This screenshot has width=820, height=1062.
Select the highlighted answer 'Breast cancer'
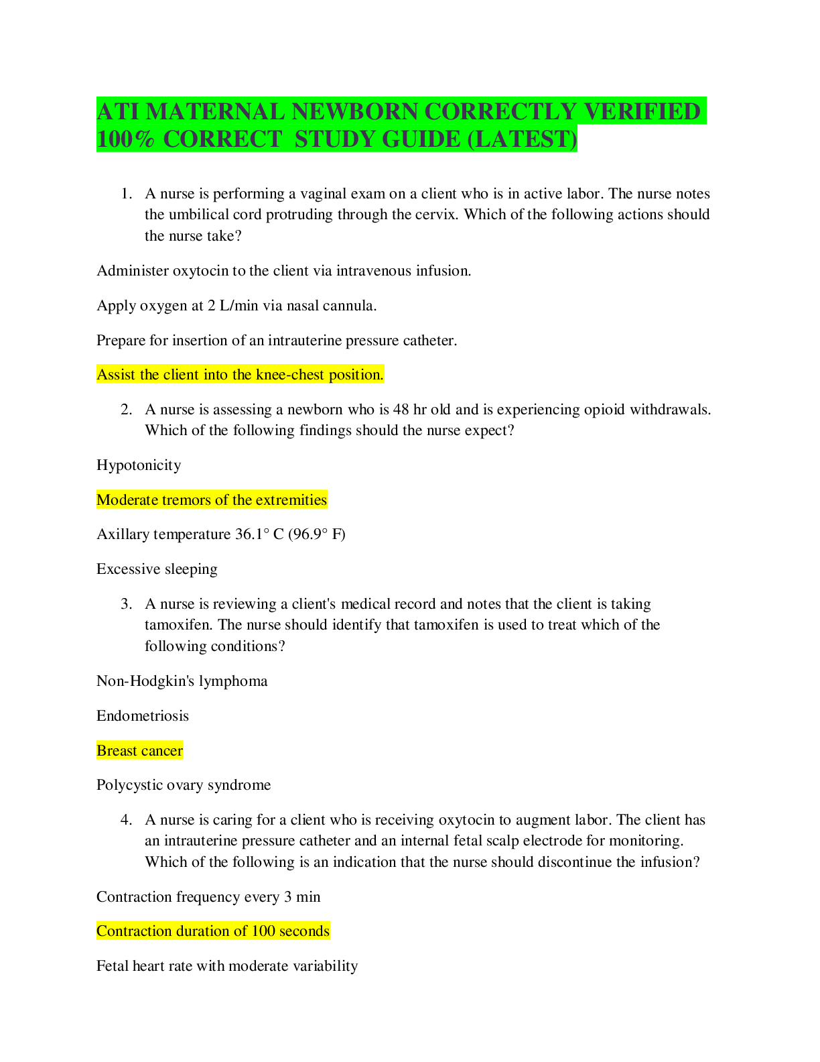click(x=139, y=750)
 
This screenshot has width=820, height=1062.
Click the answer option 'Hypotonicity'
click(x=139, y=465)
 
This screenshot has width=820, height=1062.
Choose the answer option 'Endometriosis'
click(x=143, y=715)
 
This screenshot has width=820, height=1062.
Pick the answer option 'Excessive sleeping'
click(x=157, y=569)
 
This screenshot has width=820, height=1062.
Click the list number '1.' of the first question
click(x=126, y=194)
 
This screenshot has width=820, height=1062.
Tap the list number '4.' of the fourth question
click(x=126, y=820)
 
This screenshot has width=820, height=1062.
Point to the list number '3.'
click(x=126, y=604)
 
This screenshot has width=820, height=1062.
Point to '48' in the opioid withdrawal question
click(x=401, y=410)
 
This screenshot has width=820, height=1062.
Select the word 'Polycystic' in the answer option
click(x=127, y=785)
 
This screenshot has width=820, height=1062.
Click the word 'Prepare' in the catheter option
click(x=121, y=341)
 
